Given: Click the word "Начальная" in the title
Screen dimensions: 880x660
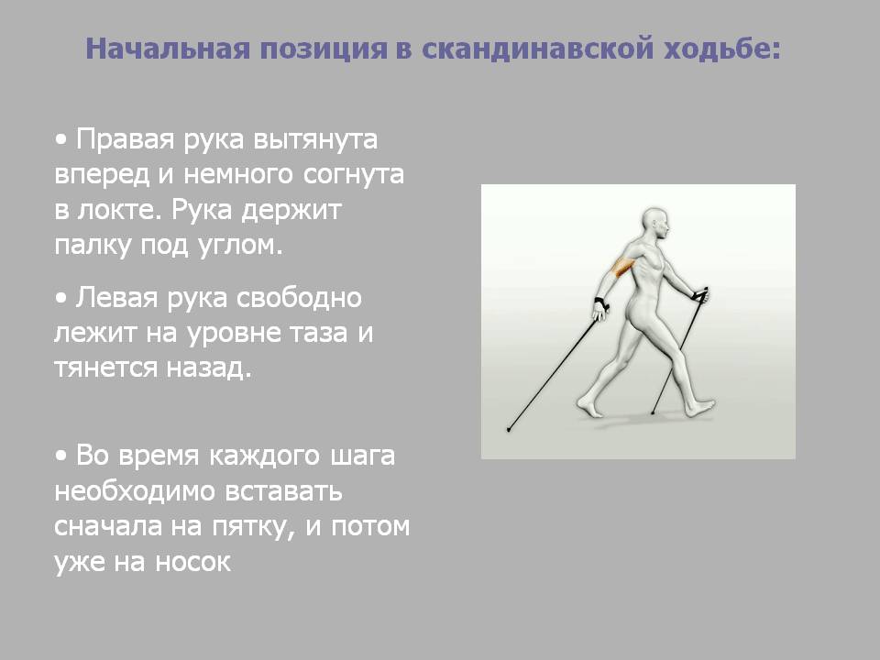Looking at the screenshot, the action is tap(167, 49).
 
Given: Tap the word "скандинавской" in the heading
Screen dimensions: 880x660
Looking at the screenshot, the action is tap(537, 49).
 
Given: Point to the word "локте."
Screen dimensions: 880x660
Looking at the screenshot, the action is tap(118, 210).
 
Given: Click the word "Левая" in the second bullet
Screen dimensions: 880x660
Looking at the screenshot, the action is tap(116, 297).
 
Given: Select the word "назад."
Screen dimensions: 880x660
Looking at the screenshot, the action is tap(209, 368).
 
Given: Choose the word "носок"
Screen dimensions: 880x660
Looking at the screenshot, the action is tap(192, 562).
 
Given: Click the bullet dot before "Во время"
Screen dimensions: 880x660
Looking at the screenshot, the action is tap(61, 456).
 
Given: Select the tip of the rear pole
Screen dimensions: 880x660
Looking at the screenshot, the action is tap(509, 430).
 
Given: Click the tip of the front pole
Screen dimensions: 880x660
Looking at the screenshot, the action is tap(652, 413).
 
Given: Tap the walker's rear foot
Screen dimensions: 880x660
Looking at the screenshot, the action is tap(589, 407).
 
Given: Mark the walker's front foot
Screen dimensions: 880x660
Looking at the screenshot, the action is tap(698, 407).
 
